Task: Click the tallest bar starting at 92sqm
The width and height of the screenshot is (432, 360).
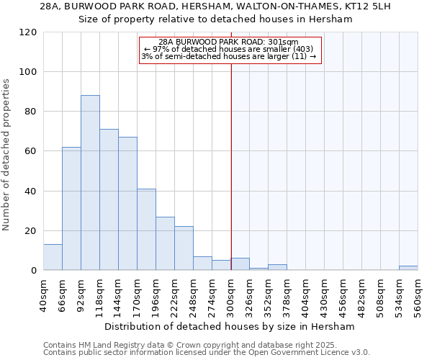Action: [90, 183]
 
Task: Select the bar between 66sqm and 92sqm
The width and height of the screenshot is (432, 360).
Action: [71, 209]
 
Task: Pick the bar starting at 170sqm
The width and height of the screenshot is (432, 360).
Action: [146, 230]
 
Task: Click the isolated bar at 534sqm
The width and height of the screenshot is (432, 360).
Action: [408, 269]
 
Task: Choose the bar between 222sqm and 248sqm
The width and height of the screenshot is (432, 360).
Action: [184, 248]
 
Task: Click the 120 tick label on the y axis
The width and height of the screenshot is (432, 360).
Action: [28, 32]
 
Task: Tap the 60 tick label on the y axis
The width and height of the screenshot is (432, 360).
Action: [31, 152]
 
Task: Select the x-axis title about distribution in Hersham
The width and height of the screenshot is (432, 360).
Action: [230, 326]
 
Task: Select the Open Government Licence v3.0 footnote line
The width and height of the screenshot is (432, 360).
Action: [207, 353]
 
